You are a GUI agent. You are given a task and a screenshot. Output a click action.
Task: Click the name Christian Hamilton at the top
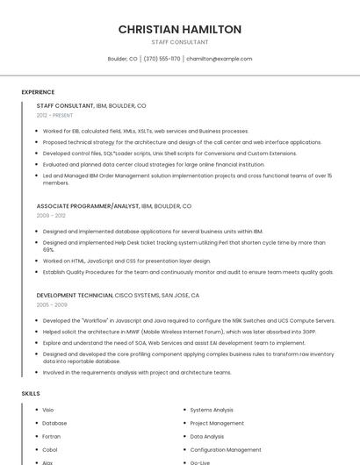click(180, 29)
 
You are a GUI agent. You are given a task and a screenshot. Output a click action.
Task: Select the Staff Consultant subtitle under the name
click(180, 42)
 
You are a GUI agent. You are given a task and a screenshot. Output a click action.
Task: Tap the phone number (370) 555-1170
click(162, 59)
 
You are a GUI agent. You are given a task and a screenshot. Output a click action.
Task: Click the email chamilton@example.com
click(219, 59)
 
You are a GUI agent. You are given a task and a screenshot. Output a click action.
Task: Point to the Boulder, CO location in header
click(122, 59)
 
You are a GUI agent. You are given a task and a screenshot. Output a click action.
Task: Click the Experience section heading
click(38, 92)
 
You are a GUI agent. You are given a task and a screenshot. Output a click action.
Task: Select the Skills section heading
click(31, 393)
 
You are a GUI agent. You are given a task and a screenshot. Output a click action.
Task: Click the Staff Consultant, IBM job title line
click(91, 105)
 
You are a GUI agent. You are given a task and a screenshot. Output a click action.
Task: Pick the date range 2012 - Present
click(54, 115)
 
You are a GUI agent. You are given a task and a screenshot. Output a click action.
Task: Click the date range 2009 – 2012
click(51, 215)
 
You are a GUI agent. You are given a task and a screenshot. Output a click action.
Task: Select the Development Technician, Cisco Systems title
click(118, 296)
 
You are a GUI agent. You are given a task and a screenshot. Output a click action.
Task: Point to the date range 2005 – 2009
click(52, 305)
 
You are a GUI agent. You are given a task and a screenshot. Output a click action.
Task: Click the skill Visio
click(48, 410)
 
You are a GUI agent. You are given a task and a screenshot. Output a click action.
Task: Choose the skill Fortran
click(51, 436)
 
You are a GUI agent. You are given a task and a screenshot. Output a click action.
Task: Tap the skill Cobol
click(49, 449)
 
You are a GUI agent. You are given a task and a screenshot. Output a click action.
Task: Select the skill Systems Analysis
click(212, 410)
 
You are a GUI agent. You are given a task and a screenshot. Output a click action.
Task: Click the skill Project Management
click(217, 423)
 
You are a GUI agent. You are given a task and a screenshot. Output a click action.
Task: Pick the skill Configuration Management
click(226, 449)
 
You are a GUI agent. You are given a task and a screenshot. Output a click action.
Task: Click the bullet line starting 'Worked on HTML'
click(126, 261)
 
